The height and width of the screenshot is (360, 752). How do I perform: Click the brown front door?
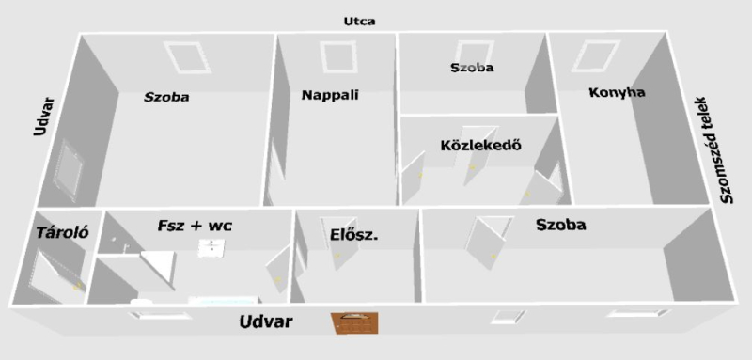(x=355, y=322)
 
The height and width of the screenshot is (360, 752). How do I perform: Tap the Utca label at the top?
(x=360, y=22)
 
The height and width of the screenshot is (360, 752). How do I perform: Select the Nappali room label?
(x=330, y=95)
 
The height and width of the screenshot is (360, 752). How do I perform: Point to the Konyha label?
(x=617, y=92)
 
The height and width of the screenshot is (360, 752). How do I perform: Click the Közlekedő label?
(x=480, y=146)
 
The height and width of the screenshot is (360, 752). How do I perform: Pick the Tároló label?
(x=63, y=233)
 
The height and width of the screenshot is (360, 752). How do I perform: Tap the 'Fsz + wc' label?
(x=195, y=226)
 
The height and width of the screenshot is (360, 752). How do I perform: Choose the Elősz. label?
(x=354, y=235)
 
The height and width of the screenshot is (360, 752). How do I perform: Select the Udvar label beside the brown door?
(x=266, y=321)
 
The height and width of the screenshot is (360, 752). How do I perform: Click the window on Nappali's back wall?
(x=338, y=57)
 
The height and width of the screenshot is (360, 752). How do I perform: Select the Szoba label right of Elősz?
(x=560, y=225)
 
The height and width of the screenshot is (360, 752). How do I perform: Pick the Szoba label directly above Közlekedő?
(x=472, y=68)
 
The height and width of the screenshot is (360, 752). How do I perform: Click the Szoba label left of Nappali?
(x=166, y=98)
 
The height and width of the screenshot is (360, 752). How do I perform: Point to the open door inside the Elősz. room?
(x=342, y=243)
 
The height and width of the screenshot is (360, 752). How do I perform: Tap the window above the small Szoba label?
(x=475, y=55)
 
